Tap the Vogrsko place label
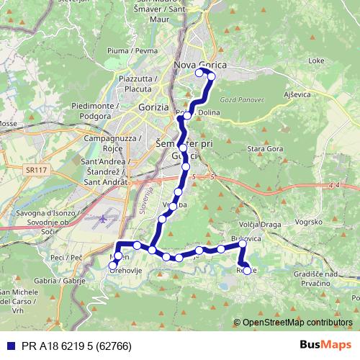[309, 222]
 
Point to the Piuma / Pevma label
[132, 51]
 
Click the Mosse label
[8, 124]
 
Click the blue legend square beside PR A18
[9, 345]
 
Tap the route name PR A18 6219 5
[71, 345]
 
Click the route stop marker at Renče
[248, 271]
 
